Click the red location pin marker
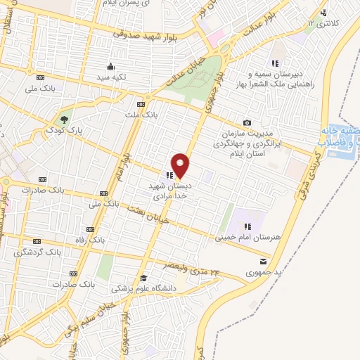(181, 165)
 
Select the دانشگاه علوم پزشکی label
(143, 288)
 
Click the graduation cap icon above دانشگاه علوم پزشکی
(143, 276)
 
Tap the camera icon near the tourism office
(247, 123)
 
